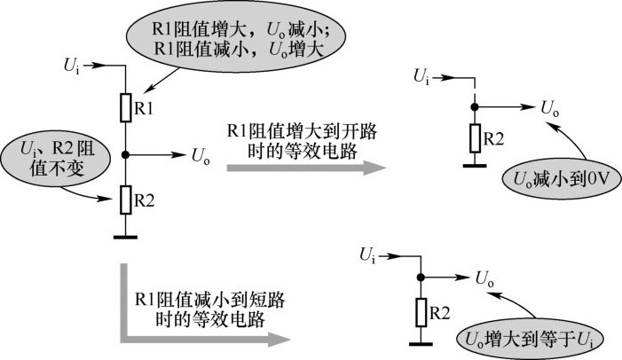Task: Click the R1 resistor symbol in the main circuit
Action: pyautogui.click(x=126, y=107)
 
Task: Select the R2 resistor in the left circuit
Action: pyautogui.click(x=126, y=200)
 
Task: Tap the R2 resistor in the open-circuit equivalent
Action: pyautogui.click(x=475, y=138)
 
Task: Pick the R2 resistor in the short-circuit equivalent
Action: pyautogui.click(x=421, y=312)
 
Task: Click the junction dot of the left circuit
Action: pyautogui.click(x=126, y=154)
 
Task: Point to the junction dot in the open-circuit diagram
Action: pyautogui.click(x=475, y=107)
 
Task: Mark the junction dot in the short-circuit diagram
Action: pyautogui.click(x=421, y=278)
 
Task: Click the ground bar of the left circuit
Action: pyautogui.click(x=125, y=237)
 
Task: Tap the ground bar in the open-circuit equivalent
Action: pyautogui.click(x=475, y=166)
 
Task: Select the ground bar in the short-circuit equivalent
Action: pyautogui.click(x=421, y=344)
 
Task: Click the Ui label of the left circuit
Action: pyautogui.click(x=71, y=67)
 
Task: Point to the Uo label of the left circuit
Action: pyautogui.click(x=201, y=156)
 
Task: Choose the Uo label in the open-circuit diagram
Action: pyautogui.click(x=550, y=108)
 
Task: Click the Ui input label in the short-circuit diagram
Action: pyautogui.click(x=367, y=255)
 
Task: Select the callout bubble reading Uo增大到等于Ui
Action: pyautogui.click(x=531, y=340)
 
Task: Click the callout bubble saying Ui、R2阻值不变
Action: pyautogui.click(x=56, y=160)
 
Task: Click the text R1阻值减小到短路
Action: pyautogui.click(x=209, y=300)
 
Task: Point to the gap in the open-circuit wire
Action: pyautogui.click(x=475, y=90)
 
